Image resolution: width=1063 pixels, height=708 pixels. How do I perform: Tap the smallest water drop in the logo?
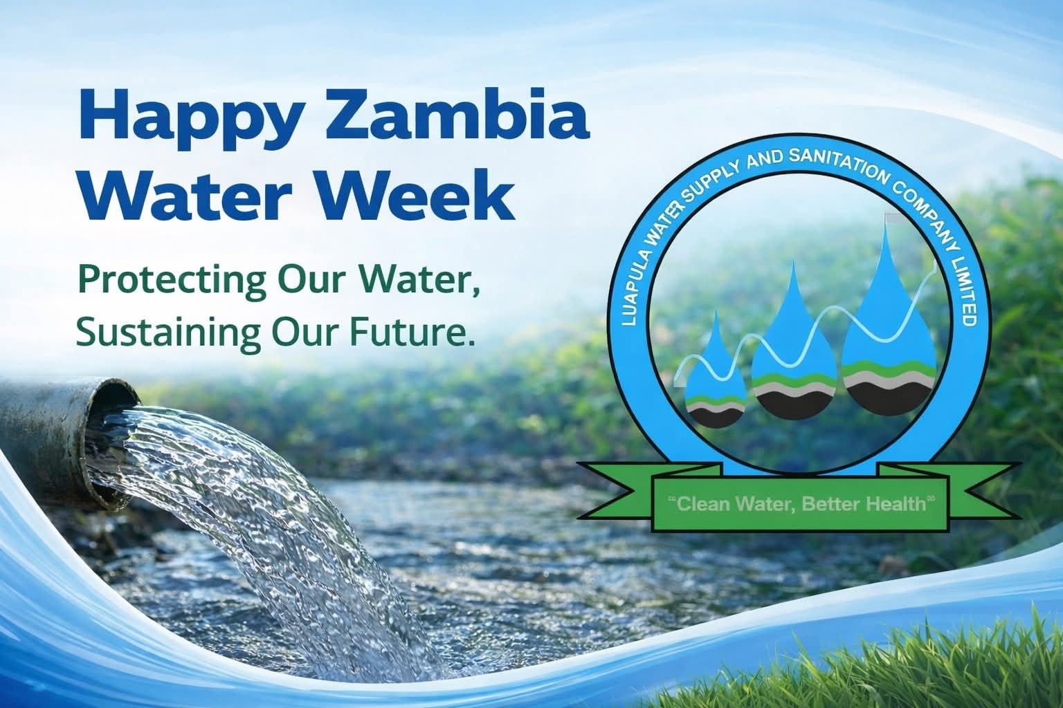pos(717,387)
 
